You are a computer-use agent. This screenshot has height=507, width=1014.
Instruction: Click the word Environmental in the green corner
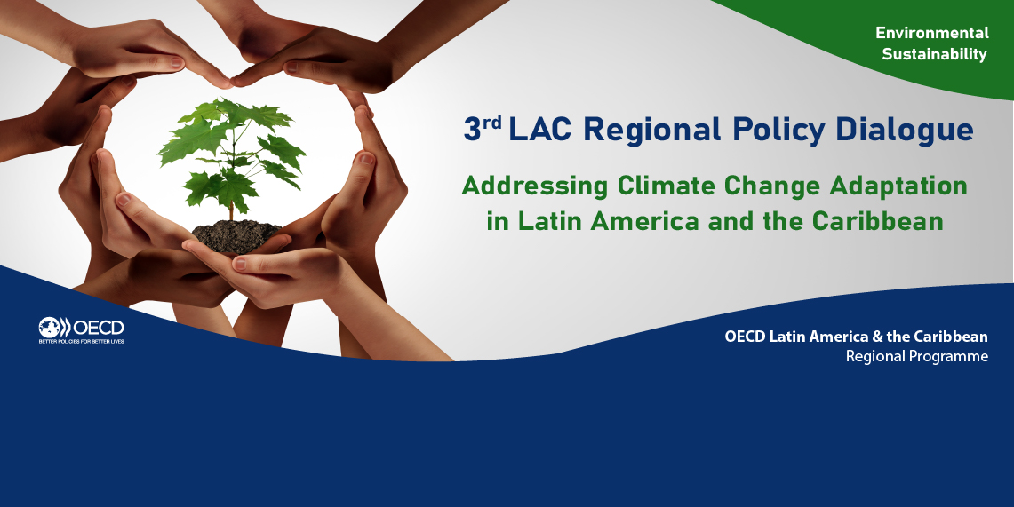[x=932, y=32]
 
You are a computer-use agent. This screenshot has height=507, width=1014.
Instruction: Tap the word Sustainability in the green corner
[x=934, y=54]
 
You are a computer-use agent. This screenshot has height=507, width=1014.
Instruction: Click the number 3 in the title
[x=472, y=130]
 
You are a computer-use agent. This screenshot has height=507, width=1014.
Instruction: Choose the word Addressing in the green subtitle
[x=535, y=186]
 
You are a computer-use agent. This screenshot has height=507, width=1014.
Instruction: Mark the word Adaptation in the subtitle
[x=898, y=186]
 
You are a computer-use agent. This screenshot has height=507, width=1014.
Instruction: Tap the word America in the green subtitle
[x=645, y=221]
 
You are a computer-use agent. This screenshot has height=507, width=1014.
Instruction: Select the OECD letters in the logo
[x=99, y=328]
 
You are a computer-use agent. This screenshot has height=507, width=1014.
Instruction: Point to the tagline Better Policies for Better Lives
[x=82, y=341]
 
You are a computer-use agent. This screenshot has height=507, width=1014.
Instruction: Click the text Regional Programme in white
[x=917, y=356]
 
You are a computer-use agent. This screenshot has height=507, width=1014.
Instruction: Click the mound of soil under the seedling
[x=236, y=235]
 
